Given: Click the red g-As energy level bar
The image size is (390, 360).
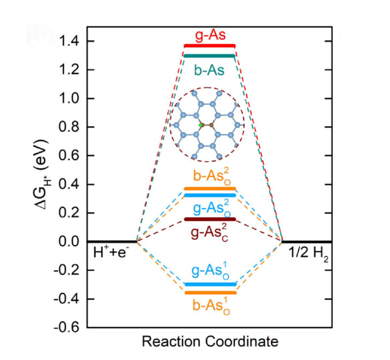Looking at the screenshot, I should pos(210,46).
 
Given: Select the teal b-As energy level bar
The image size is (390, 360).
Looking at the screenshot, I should pos(210,56).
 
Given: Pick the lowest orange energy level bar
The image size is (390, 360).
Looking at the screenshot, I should pos(210,293).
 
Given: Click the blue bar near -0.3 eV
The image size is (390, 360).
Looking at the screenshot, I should pos(210,284).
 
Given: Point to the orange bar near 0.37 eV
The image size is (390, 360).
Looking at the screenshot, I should pos(210,189).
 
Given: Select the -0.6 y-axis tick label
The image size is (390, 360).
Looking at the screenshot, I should pos(68,328).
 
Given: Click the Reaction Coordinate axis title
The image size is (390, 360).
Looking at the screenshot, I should pos(210,342).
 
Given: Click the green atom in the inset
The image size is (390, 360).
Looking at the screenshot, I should pos(201,125).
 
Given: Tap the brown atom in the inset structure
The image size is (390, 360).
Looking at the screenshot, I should pos(211,126).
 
